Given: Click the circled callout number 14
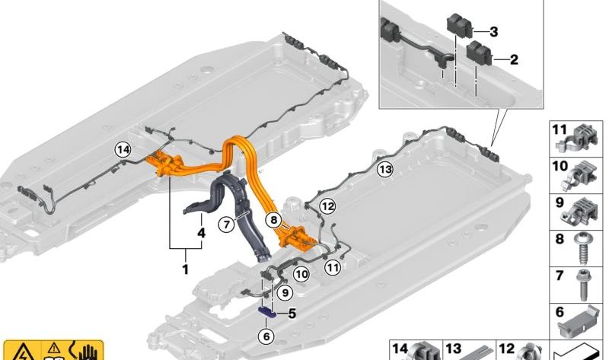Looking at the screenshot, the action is coord(123,149).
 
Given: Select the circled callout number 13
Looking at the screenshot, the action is coord(385,169).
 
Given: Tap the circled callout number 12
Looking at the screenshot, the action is coord(327,205).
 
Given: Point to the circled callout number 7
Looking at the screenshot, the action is coord(226,224).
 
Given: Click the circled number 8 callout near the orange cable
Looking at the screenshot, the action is coord(274,220).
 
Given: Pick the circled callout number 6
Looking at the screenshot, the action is coord(266,336).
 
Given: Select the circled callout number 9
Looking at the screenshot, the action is coord(285,292).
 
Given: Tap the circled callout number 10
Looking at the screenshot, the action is coord(301,275).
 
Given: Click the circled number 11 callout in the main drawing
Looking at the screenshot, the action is coord(333,267).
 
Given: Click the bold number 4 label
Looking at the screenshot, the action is coord(201,233).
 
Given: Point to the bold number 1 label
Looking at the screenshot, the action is coord(185,269).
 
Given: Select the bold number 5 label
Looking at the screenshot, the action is coord(292,313).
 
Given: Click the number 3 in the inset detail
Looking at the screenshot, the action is coord(493,31).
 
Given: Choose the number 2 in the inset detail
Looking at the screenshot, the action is coord(514,59).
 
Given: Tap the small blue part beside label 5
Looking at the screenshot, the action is coord(268,312).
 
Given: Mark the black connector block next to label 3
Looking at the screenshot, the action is coord(460,26).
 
